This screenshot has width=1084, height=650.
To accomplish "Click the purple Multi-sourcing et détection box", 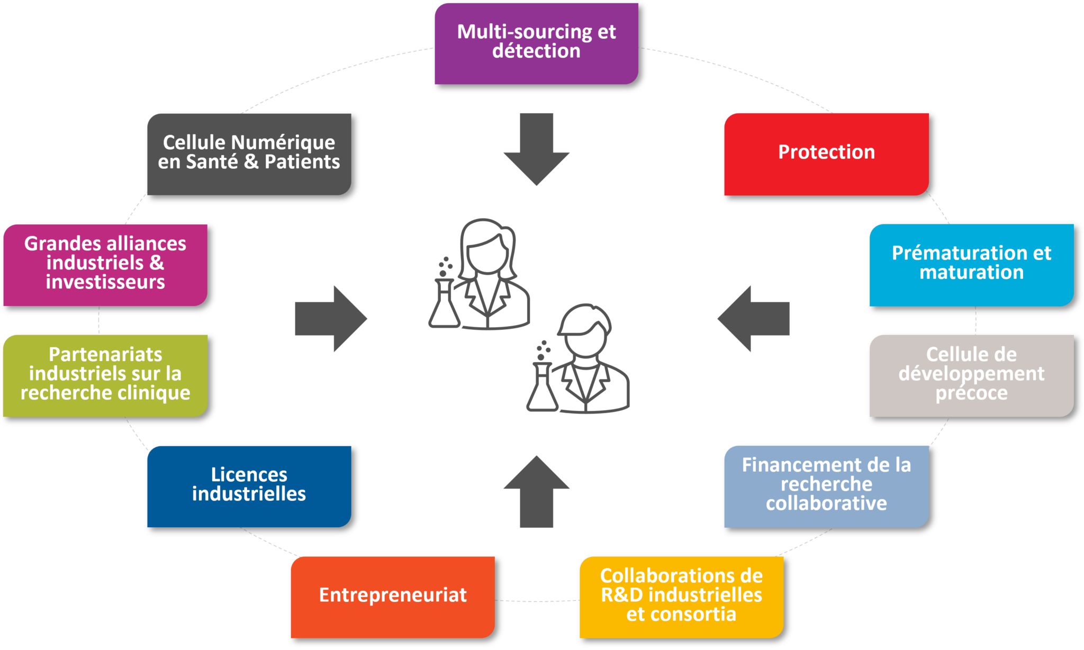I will pyautogui.click(x=536, y=43).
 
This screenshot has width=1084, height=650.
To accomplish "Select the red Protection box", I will pyautogui.click(x=826, y=154).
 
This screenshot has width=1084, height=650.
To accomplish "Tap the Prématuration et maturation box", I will pyautogui.click(x=971, y=265).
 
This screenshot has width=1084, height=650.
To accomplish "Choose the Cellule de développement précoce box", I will pyautogui.click(x=971, y=375).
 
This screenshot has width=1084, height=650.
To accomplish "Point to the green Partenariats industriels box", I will pyautogui.click(x=105, y=375).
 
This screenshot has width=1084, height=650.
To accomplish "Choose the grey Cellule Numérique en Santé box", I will pyautogui.click(x=249, y=154).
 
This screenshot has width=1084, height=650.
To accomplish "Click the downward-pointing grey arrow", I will pyautogui.click(x=537, y=151).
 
